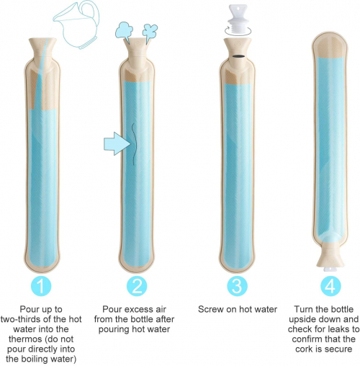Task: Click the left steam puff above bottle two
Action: click(x=124, y=31)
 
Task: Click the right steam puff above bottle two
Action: click(x=150, y=32)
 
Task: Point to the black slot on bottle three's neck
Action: click(x=238, y=56)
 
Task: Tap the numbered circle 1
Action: click(x=41, y=286)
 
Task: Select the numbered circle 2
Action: click(x=137, y=286)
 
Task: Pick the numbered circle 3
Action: click(x=238, y=286)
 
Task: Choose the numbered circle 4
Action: click(x=330, y=286)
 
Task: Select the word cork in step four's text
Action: click(x=304, y=349)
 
